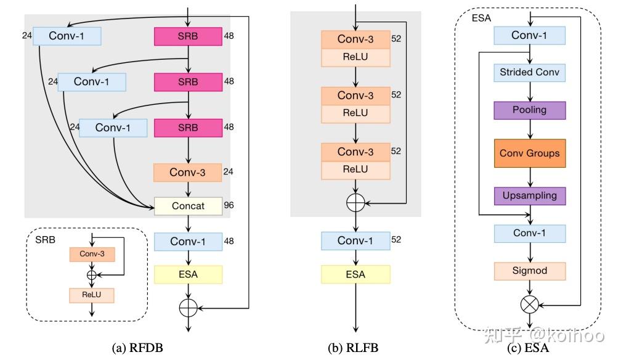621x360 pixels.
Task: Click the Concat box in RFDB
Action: [188, 206]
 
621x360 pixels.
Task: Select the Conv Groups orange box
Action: [529, 152]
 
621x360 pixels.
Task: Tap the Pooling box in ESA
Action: [529, 110]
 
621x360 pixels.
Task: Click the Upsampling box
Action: [529, 195]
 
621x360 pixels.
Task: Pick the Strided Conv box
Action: [529, 73]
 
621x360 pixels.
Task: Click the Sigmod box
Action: [529, 271]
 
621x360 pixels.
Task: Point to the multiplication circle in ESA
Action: [530, 303]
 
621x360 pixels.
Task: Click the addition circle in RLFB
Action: [355, 202]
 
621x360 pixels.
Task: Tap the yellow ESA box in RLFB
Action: [355, 274]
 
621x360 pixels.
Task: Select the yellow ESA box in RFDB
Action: [188, 274]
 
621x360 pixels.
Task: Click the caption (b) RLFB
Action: [354, 348]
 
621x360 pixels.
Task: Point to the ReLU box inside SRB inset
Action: [92, 295]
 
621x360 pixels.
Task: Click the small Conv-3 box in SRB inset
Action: [92, 253]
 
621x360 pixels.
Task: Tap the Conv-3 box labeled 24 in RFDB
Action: [188, 173]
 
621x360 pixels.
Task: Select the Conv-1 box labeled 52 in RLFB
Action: [355, 240]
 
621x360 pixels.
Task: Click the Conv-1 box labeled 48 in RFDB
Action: [188, 241]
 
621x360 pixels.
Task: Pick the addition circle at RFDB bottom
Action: [188, 308]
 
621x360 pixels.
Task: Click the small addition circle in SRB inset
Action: [92, 274]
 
